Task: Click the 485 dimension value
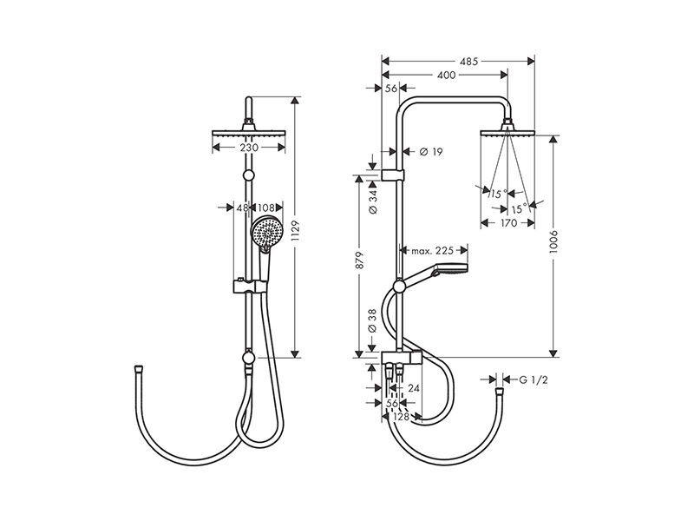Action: pos(468,61)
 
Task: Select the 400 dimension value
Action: pos(446,76)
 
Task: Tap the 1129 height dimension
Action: pos(296,231)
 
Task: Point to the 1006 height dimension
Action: pos(553,242)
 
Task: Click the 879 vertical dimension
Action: pos(359,260)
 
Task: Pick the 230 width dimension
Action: pos(249,147)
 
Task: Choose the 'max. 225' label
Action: pos(432,251)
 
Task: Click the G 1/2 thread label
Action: pos(534,379)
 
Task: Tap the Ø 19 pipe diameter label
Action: pos(430,152)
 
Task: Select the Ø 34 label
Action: pos(373,202)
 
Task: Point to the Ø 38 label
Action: pos(372,320)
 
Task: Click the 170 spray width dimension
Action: pos(508,223)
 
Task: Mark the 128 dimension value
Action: pos(401,417)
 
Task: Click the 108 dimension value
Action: pos(266,208)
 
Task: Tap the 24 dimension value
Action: pos(414,388)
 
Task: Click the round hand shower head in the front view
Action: pos(266,232)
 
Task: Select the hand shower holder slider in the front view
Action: pos(250,287)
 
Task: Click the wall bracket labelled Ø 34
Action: pos(393,175)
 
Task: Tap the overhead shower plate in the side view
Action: pos(507,133)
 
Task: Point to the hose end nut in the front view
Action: pos(139,368)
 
